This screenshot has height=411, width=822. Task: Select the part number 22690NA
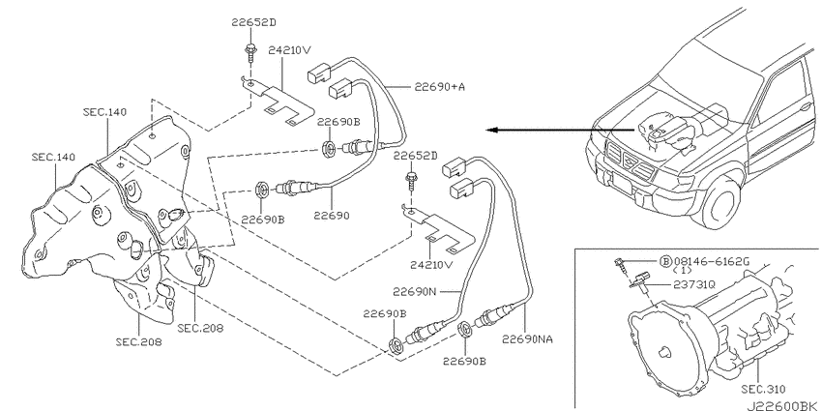pyautogui.click(x=528, y=340)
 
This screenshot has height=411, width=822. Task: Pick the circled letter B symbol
pyautogui.click(x=665, y=261)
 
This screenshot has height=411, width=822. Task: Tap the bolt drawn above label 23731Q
pyautogui.click(x=618, y=262)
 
